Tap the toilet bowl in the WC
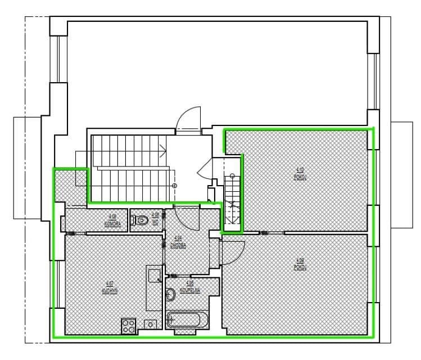142,220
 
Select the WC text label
155,220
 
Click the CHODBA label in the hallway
178,241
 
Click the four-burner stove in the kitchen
129,326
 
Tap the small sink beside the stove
150,324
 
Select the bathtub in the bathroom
188,321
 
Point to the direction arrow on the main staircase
163,150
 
